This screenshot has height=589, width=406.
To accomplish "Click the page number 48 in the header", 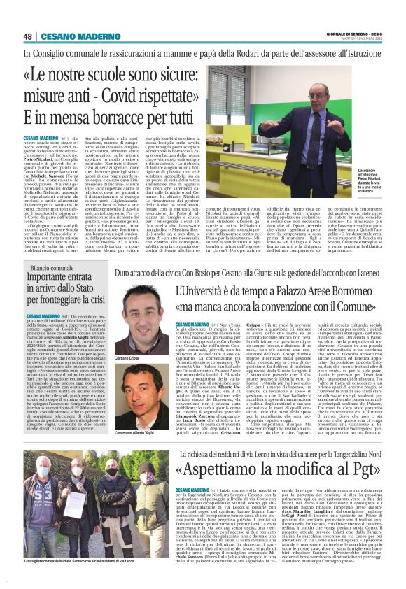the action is click(x=29, y=36).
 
